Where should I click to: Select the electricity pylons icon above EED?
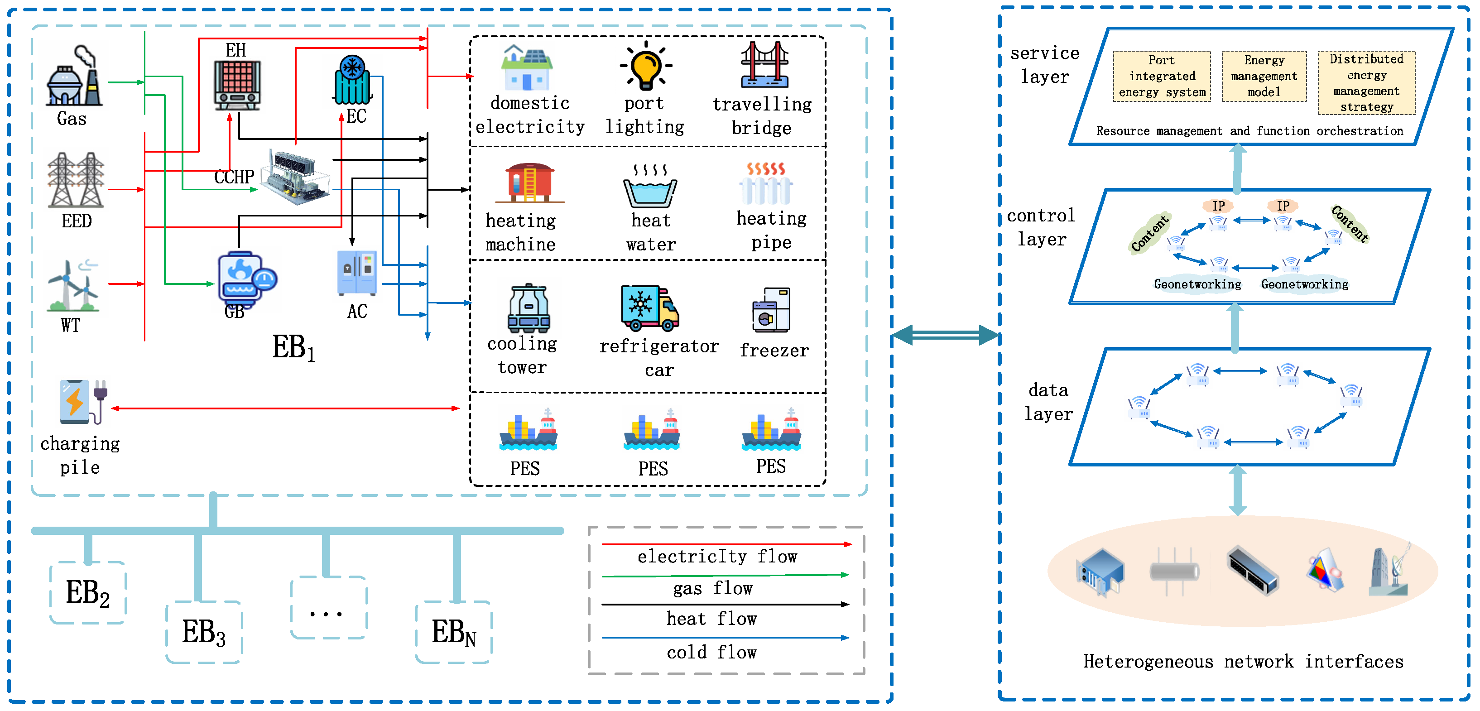click(76, 180)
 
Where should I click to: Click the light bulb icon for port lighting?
click(646, 67)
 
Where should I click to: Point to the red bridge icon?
click(764, 64)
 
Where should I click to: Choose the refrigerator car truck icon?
click(650, 308)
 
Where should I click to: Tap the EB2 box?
click(88, 593)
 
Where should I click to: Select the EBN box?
click(453, 632)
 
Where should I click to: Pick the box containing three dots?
click(328, 608)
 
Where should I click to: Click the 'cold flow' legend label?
click(712, 653)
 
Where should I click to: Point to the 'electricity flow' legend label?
click(717, 557)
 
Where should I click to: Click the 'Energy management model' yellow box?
click(1264, 77)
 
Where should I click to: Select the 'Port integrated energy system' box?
click(1162, 77)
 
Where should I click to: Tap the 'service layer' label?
click(1044, 64)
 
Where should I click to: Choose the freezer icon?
click(772, 310)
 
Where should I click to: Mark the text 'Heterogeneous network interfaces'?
click(1243, 662)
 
